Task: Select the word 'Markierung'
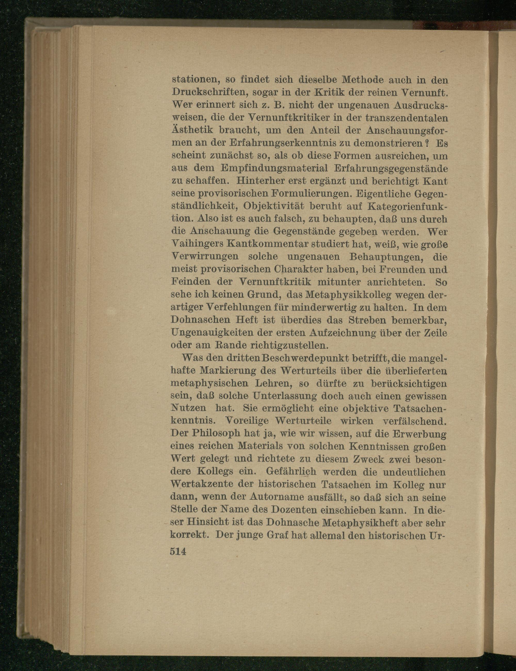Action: pos(228,371)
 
